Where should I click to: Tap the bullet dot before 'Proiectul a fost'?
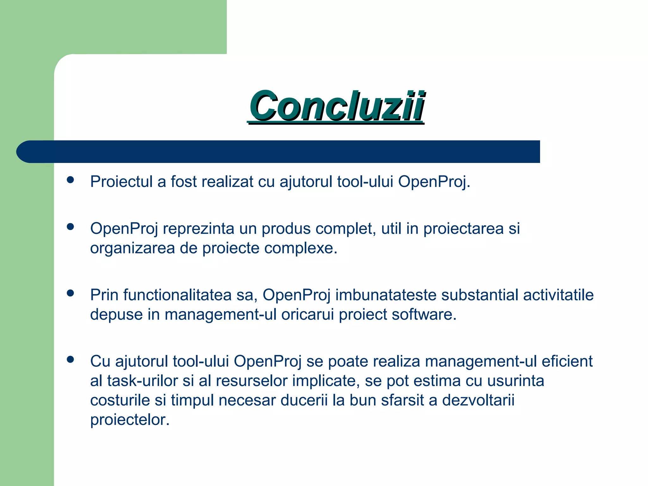(x=70, y=180)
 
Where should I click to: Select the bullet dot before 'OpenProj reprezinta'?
(x=70, y=227)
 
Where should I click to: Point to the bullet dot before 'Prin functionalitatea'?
(x=70, y=293)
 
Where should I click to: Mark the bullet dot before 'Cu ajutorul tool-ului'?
(x=70, y=359)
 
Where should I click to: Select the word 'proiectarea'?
(x=463, y=229)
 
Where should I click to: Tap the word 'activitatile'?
(x=558, y=295)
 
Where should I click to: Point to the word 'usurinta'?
(x=515, y=381)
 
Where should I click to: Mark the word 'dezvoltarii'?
(x=478, y=401)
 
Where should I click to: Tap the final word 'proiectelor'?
(x=130, y=420)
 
